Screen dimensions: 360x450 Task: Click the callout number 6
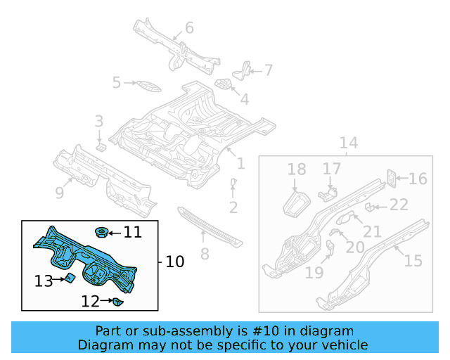[188, 28]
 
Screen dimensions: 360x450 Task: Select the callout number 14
[349, 143]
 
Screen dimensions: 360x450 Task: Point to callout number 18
[297, 169]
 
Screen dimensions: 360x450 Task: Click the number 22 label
[399, 205]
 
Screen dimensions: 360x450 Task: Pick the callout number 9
[60, 191]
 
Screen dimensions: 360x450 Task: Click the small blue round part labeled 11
[101, 231]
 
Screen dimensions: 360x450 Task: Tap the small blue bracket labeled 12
[117, 302]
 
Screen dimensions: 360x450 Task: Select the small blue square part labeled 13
[70, 278]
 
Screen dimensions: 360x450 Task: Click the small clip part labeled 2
[233, 184]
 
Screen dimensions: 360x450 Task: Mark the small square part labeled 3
[101, 147]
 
